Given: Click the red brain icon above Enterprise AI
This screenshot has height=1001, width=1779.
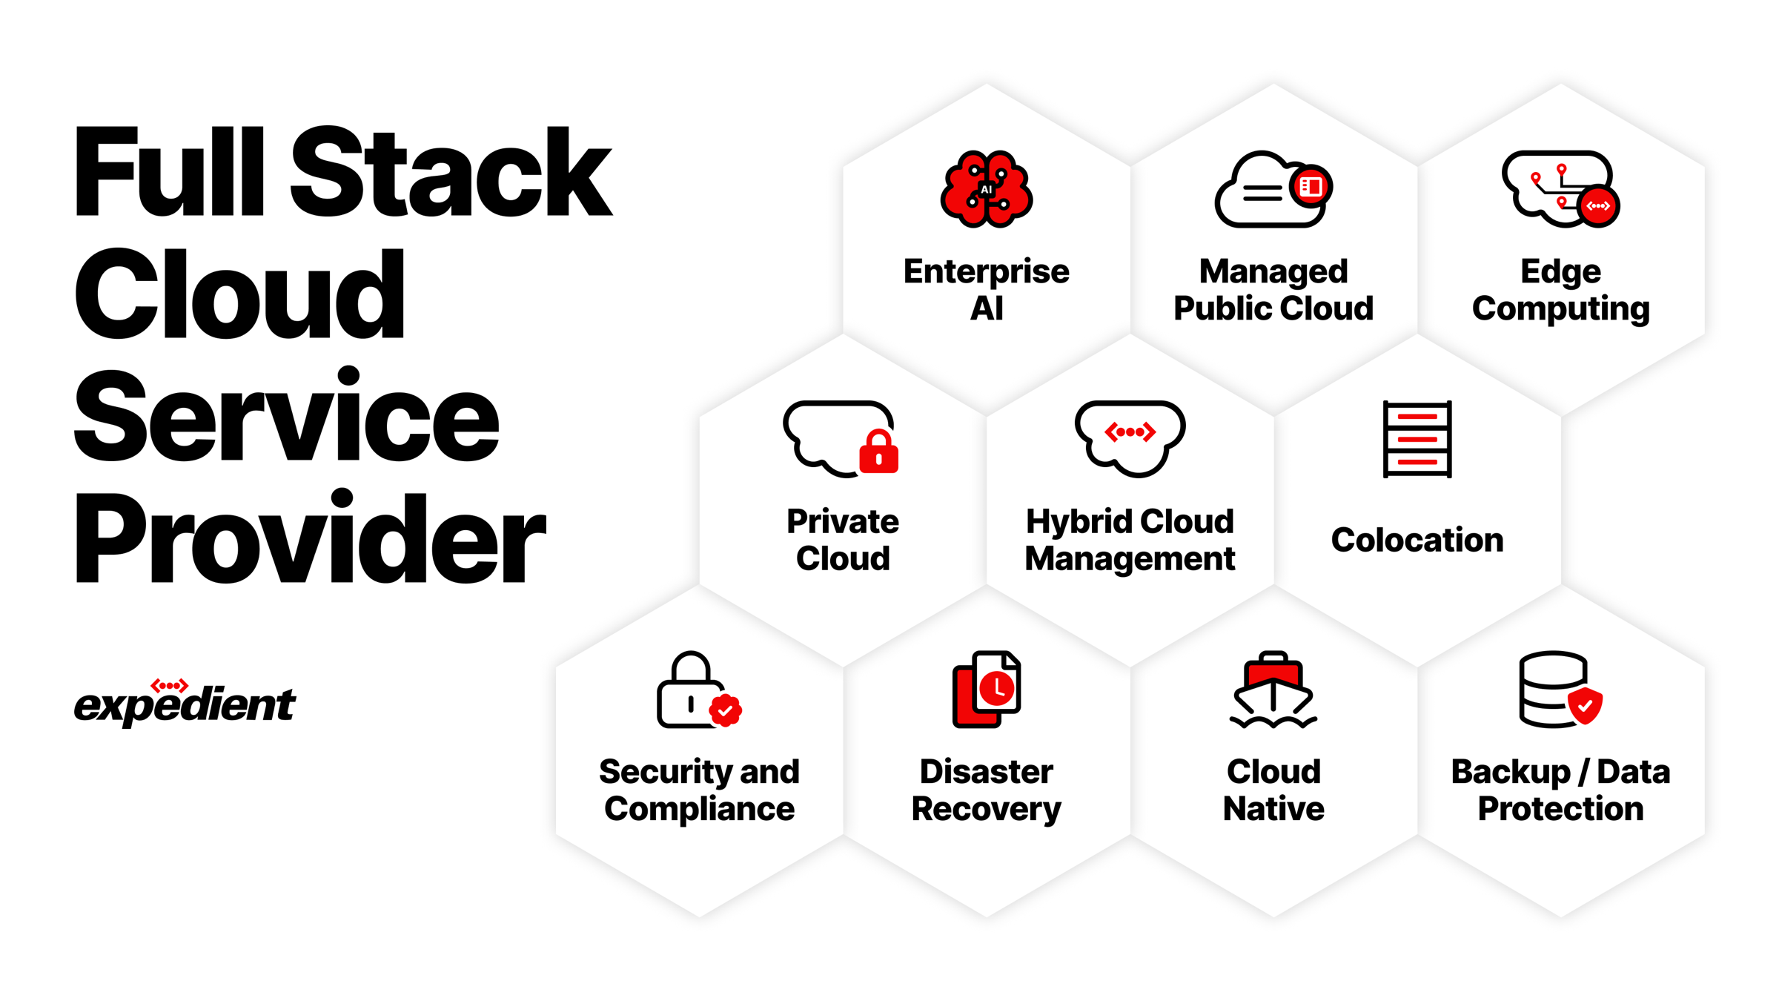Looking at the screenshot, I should click(x=986, y=189).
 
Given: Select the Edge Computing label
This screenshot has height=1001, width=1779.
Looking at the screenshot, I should click(x=1560, y=290).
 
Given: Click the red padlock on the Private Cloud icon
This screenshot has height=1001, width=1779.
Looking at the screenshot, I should click(x=878, y=452).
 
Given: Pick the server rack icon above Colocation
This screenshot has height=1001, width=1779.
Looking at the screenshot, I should click(x=1417, y=439).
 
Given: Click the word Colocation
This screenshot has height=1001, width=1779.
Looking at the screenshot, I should click(x=1417, y=540).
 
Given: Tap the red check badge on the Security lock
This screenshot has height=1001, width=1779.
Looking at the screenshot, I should click(x=726, y=710).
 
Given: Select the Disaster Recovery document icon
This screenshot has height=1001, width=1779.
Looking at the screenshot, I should click(x=987, y=689).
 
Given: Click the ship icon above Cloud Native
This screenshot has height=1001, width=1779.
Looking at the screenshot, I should click(x=1273, y=691).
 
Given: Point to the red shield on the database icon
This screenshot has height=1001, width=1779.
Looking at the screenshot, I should click(x=1585, y=705).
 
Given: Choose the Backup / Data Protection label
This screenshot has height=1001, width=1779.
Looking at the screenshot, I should click(x=1560, y=790).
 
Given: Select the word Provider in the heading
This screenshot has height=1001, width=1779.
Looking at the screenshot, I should click(x=310, y=538).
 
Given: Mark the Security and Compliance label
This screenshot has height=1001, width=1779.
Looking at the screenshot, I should click(x=699, y=790).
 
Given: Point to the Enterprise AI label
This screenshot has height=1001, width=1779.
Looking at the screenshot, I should click(x=986, y=290).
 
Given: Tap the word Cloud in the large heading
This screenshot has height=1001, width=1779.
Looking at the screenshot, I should click(x=239, y=294).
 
